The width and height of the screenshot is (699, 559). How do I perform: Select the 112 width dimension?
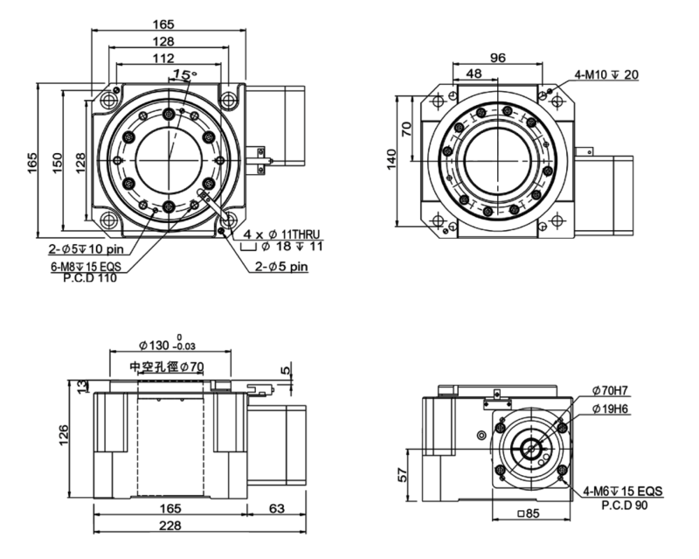click(163, 59)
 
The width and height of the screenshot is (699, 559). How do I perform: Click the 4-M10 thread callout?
click(606, 75)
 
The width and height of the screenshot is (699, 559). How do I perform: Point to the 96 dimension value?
click(498, 59)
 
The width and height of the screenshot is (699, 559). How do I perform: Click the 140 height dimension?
click(392, 159)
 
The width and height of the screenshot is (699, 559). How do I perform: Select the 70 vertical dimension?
click(407, 129)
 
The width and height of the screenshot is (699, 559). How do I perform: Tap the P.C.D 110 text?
click(90, 279)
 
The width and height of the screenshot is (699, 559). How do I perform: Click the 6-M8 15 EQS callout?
click(95, 267)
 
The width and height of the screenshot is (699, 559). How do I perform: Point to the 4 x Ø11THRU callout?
click(281, 235)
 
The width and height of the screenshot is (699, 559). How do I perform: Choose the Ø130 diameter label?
click(160, 341)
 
